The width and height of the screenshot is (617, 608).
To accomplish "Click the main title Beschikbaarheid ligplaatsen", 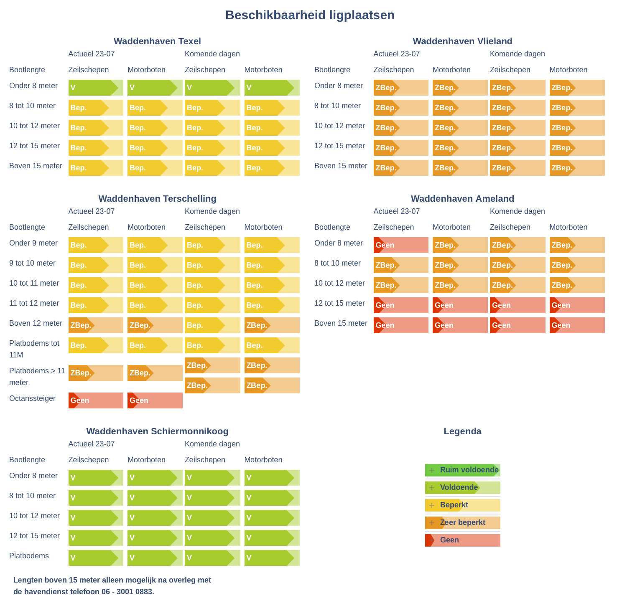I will tap(310, 15).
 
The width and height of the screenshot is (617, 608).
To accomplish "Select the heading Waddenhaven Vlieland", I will tap(462, 41).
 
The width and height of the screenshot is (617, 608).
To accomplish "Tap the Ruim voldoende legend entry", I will tap(462, 470).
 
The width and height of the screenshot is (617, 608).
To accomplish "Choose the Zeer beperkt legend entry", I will tap(462, 523).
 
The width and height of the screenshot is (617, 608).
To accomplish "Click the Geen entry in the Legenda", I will tap(462, 540).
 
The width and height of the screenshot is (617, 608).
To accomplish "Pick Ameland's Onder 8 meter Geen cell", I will tap(401, 245).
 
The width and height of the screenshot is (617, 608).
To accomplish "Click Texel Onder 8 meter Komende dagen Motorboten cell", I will tap(272, 88).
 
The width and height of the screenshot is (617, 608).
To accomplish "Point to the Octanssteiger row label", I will tap(32, 398).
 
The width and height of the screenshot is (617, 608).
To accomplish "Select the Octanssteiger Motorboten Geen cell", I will tap(155, 400).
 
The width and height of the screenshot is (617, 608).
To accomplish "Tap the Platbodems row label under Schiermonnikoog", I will tap(29, 556).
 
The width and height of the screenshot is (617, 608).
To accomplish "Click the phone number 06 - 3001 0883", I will tap(127, 592).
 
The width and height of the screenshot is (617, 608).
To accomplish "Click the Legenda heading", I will tap(462, 431).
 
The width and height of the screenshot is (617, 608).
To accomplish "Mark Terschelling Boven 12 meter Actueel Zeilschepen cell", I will tap(96, 325).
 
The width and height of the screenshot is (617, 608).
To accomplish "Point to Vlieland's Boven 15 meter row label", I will tap(341, 166).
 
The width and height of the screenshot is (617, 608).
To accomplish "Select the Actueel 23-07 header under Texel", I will tap(92, 54).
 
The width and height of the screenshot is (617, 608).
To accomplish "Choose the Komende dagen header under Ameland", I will tap(517, 211).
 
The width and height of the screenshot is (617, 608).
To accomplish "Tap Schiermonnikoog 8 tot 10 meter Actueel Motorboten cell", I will tap(155, 498).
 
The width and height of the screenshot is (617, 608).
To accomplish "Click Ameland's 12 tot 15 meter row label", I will tap(339, 303).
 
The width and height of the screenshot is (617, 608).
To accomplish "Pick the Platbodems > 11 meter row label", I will tap(37, 377).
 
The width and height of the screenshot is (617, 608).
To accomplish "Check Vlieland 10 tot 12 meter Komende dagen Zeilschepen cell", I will tap(517, 128).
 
